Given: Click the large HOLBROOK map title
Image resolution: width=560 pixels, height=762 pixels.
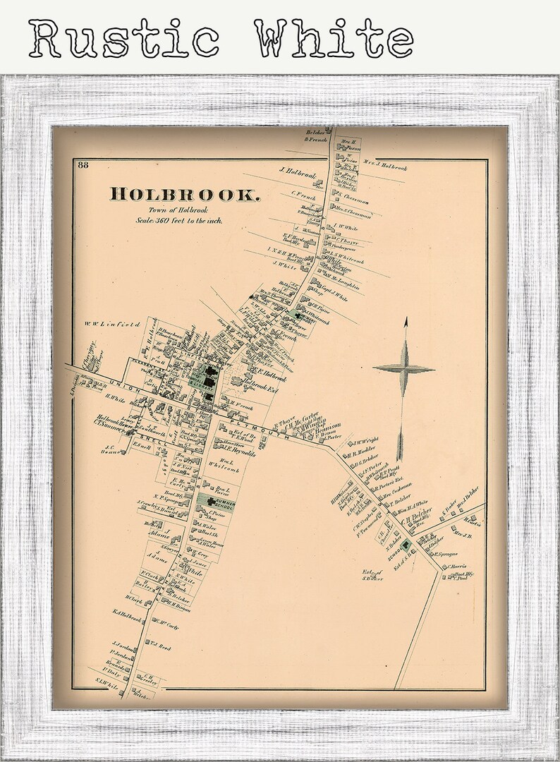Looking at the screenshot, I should [x=185, y=193].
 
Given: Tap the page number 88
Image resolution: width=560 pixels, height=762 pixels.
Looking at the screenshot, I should [x=83, y=166].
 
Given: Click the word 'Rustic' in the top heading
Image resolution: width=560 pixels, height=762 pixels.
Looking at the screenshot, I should [x=124, y=38].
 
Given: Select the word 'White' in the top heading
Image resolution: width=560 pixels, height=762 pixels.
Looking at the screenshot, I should [x=334, y=38].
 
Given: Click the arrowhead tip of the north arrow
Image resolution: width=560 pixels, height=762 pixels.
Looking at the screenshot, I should [x=406, y=322].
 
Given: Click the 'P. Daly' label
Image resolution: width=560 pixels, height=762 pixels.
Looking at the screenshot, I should [x=111, y=670].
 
